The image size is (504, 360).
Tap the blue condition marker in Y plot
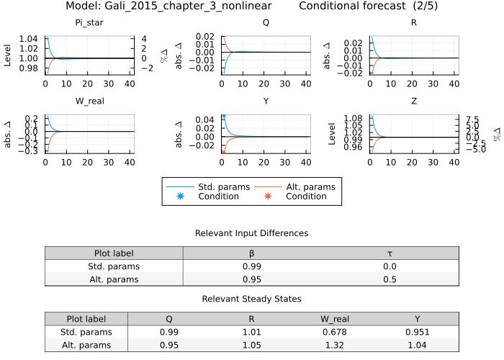[x=223, y=116]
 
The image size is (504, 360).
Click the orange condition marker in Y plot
[x=223, y=152]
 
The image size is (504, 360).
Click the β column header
[x=251, y=253]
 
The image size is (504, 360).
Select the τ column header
[x=390, y=253]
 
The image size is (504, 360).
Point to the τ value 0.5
[x=390, y=279]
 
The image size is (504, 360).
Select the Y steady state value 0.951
[x=418, y=332]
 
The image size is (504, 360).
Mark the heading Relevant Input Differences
[x=251, y=233]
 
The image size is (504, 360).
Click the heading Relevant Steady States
[x=251, y=299]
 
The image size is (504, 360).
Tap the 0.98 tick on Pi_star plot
[x=29, y=68]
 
